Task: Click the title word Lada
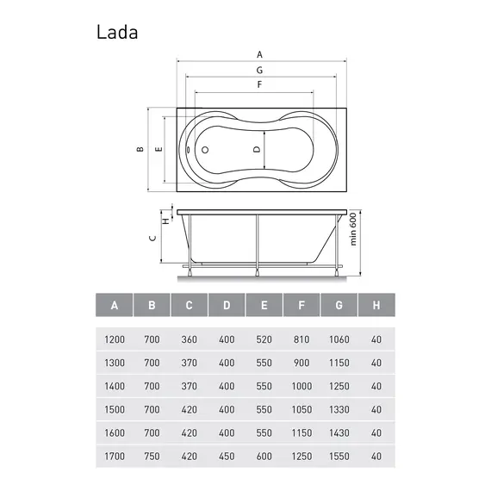coord(116,33)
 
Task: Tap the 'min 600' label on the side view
coord(352,231)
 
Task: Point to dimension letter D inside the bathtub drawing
coord(257,149)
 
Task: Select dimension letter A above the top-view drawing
coord(260,54)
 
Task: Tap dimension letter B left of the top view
coord(139,149)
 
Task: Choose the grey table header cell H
coord(376,305)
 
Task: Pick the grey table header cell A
coord(115,305)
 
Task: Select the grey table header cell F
coord(301,305)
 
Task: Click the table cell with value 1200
coord(115,339)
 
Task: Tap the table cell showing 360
coord(190,339)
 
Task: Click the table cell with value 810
coord(301,339)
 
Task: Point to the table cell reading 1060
coord(339,339)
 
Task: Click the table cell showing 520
coord(264,339)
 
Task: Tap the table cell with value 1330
coord(339,410)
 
